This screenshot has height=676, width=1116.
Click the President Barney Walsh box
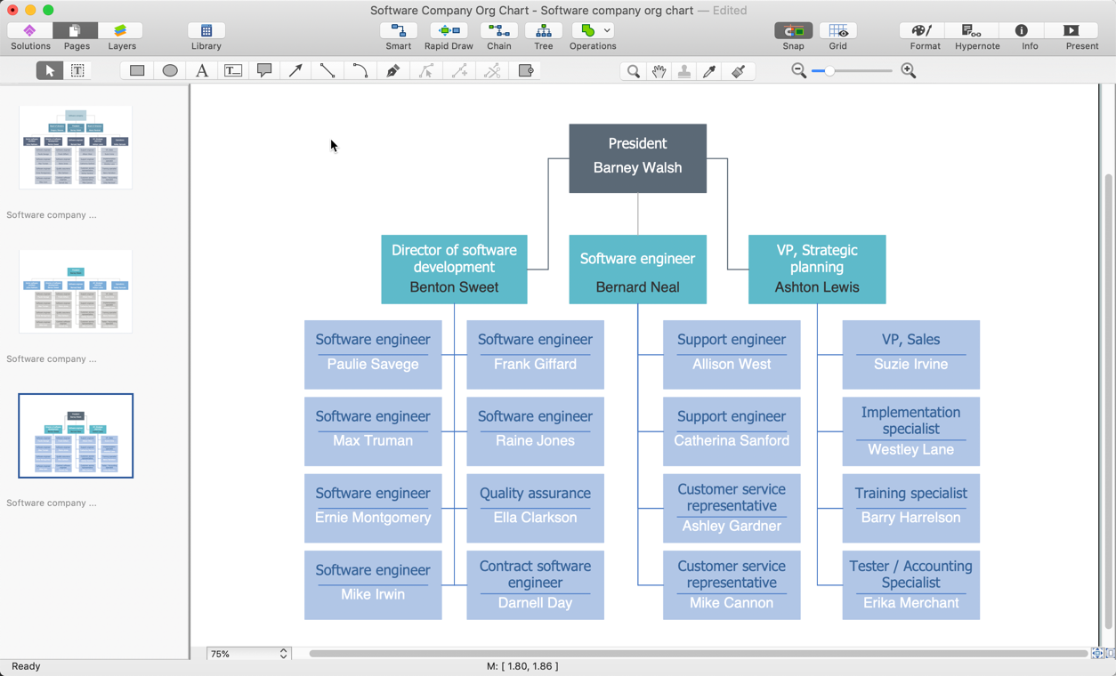637,157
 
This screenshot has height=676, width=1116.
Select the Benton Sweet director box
454,269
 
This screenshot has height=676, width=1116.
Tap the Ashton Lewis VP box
816,269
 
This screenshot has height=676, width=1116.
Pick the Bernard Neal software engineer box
637,269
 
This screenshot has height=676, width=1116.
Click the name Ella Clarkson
535,518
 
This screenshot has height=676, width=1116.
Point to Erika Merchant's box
910,584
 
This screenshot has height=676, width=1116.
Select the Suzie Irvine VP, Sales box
910,354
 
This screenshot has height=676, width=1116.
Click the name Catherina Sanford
732,441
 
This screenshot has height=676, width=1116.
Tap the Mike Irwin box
373,584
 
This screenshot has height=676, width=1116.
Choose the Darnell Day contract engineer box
535,584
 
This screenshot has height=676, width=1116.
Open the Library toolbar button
206,36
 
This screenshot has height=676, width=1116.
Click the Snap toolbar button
793,36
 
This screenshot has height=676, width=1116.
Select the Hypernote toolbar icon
976,36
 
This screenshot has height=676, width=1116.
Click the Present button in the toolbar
1081,36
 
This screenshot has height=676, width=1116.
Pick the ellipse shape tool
170,70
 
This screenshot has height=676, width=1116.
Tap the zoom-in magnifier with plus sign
909,70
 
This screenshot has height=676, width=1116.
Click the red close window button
12,10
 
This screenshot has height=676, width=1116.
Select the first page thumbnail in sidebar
76,148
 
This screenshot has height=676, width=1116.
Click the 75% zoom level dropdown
248,654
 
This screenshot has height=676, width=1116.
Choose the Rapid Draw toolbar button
449,36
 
